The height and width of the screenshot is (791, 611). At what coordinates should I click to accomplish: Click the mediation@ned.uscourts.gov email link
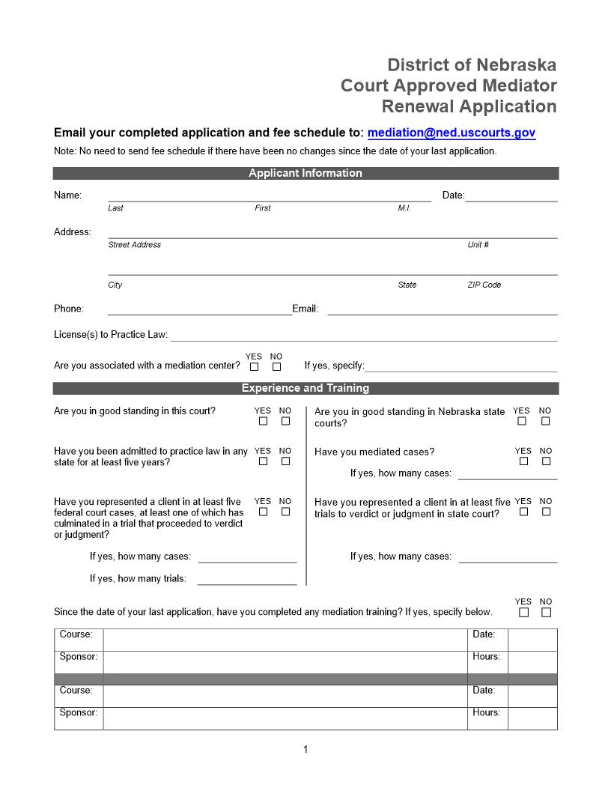coord(451,133)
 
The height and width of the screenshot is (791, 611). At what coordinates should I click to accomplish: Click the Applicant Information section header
coord(305,173)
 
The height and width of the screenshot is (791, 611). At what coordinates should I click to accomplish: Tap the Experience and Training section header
coord(305,388)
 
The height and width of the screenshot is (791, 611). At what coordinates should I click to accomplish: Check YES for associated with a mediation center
coord(255,367)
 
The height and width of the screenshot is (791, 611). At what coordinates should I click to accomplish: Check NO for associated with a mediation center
coord(276,367)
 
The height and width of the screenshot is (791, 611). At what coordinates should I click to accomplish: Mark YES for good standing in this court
coord(263,421)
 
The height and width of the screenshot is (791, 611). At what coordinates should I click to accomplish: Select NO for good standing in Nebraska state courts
coord(545,421)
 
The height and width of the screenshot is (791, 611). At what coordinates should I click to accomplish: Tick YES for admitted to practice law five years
coord(263,461)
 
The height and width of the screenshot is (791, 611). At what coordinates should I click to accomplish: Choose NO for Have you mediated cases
coord(545,461)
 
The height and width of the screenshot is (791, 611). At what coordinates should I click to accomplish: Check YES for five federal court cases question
coord(263,512)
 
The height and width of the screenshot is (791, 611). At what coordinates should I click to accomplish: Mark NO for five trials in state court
coord(546,512)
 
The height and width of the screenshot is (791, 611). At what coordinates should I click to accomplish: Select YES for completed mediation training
coord(523,612)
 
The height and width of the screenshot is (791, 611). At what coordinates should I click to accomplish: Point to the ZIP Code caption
coord(484,285)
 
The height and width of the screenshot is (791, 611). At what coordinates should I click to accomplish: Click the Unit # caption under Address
coord(478,245)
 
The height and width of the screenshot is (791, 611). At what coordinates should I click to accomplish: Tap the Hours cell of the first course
coord(532,661)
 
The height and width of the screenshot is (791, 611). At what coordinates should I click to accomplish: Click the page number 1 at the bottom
coord(305,749)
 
